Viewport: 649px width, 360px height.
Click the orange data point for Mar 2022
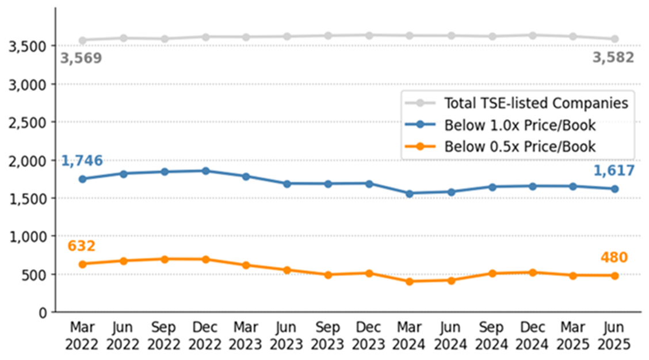82,264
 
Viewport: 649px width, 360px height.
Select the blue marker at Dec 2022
205,171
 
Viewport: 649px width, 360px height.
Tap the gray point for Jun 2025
614,39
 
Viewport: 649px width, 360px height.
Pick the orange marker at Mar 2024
410,281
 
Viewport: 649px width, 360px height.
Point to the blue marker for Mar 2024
410,194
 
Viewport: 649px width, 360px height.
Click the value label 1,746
82,160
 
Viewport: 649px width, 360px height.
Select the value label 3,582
614,58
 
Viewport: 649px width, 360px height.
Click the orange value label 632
82,246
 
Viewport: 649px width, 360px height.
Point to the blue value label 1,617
614,170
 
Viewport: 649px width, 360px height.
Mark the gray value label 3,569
81,58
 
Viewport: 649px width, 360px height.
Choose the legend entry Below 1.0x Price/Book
520,125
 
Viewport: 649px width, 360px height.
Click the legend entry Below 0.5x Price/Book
520,146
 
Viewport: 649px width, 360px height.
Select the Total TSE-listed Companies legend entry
536,104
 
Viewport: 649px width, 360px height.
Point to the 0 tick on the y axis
43,313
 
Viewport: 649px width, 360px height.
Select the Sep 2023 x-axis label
328,336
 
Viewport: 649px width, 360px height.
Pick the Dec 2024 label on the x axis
533,336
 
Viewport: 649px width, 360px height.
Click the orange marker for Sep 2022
165,259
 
